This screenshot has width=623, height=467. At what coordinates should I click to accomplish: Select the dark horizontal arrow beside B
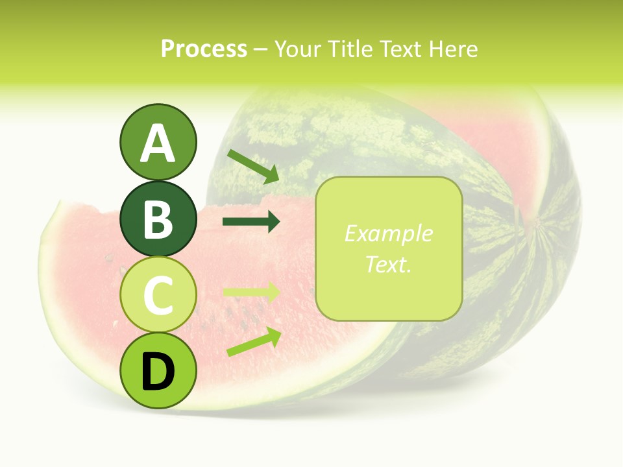pos(251,222)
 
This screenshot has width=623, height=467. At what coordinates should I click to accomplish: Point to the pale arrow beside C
pos(251,293)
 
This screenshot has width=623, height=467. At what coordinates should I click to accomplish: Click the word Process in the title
pos(204,49)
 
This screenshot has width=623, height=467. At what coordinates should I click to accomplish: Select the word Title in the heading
pos(350,49)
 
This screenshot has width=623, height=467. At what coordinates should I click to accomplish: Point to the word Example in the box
pos(388,233)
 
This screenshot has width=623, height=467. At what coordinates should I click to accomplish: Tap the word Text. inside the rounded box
pos(388,264)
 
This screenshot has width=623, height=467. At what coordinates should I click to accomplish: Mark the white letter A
pos(158,143)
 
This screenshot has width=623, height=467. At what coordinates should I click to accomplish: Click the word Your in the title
pos(299,49)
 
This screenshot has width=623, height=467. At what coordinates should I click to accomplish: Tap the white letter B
pos(158,219)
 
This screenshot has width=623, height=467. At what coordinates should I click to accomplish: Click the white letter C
pos(158,296)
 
